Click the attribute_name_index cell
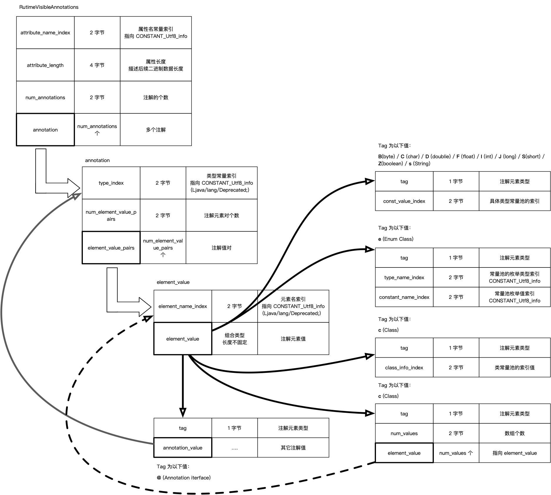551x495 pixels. coord(45,33)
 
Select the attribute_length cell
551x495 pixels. coord(45,65)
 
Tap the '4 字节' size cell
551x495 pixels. coord(97,65)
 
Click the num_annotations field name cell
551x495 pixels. coord(45,97)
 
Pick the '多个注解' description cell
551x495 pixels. coord(156,130)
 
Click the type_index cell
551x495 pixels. coord(111,183)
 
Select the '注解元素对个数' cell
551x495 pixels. coord(221,215)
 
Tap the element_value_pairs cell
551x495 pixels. coord(111,248)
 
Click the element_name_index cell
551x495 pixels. coord(183,306)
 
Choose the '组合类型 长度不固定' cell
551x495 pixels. coord(235,339)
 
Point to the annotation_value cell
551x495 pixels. coord(183,448)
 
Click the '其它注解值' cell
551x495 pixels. coord(293,448)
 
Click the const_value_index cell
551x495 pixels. coord(404,201)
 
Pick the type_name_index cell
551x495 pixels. coord(404,277)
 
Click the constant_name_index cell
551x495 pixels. coord(404,297)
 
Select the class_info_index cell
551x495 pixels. coord(404,368)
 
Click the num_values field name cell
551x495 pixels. coord(404,433)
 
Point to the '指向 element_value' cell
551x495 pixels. coord(515,453)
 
